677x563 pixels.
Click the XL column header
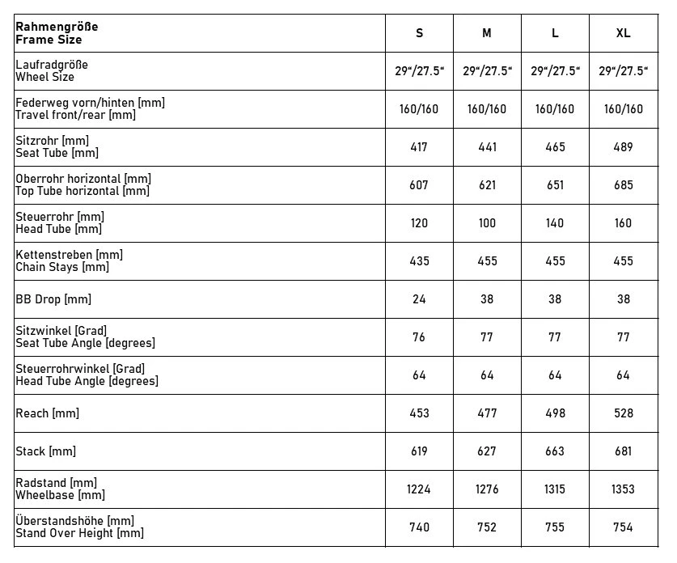pos(623,33)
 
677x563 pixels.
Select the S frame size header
pos(419,33)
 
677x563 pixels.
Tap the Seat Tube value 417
pos(419,147)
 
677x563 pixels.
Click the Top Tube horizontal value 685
pos(623,185)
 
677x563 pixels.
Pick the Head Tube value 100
pos(487,223)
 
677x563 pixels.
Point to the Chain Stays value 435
pos(419,261)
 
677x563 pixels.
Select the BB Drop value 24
pos(419,299)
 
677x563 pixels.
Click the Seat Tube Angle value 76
pos(419,337)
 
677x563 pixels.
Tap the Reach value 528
pos(623,413)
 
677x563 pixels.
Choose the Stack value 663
pos(555,451)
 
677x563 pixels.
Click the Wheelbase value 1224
pos(419,489)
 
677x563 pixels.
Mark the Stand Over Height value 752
pos(487,527)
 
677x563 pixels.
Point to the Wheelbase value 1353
pos(623,489)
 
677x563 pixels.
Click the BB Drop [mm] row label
pos(53,299)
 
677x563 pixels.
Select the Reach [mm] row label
pos(47,413)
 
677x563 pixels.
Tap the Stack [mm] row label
pos(45,451)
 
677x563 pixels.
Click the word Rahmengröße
pos(57,27)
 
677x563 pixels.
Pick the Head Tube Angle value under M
pos(487,375)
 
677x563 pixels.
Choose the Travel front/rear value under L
pos(555,109)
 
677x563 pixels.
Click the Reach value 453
pos(419,413)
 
